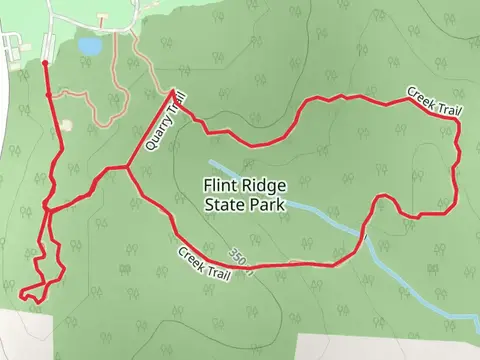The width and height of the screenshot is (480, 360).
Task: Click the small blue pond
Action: tap(89, 46)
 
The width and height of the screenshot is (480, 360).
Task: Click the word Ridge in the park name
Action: tap(264, 185)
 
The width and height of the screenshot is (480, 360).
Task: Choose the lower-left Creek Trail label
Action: tap(211, 264)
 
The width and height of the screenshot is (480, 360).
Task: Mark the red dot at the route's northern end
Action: tap(45, 63)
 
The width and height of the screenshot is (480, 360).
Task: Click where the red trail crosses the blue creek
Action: tap(363, 237)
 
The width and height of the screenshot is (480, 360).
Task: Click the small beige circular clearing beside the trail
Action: tap(66, 125)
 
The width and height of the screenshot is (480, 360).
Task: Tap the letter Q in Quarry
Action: tap(148, 146)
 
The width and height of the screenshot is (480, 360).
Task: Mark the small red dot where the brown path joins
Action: tap(48, 95)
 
